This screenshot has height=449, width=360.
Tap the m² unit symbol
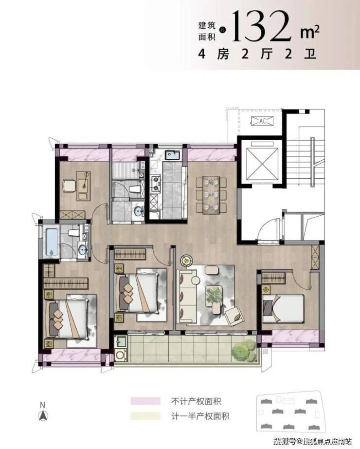309,32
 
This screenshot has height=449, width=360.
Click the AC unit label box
262,121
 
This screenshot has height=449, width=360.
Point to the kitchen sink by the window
173,155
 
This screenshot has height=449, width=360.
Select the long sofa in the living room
187,295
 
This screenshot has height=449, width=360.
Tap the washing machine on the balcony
121,355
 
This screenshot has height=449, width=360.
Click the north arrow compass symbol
43,412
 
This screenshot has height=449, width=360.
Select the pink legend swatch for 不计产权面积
145,401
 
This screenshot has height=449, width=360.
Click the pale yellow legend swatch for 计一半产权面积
145,416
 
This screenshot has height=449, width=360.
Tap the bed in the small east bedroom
283,308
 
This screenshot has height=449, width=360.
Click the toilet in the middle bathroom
135,189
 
